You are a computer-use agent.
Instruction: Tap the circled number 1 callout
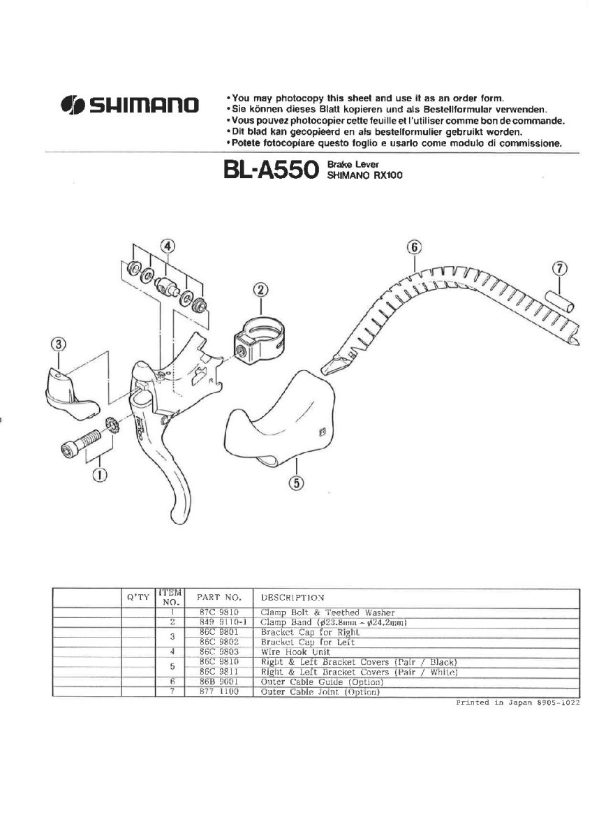tap(101, 476)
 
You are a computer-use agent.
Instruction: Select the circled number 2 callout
tap(260, 289)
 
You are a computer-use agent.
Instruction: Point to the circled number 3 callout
tap(59, 344)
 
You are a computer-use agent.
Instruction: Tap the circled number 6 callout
tap(414, 247)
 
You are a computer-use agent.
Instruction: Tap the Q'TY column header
tap(137, 598)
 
